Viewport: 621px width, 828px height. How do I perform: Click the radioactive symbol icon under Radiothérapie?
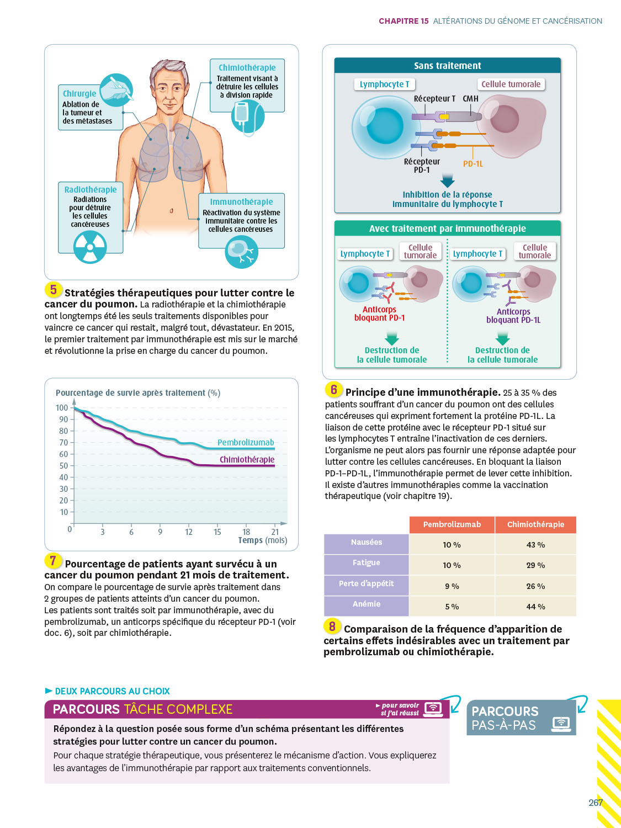90,246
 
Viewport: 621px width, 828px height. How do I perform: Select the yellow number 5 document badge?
53,289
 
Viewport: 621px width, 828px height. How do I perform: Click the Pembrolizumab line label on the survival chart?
246,443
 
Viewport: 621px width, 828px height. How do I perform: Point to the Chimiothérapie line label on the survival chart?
247,460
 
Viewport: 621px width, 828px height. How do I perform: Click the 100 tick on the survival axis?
62,408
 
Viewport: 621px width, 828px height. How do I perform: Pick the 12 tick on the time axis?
189,532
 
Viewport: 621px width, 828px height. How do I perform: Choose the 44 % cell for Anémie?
535,607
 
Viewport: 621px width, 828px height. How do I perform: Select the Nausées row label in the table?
367,543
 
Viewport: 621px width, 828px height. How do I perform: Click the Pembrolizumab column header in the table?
452,524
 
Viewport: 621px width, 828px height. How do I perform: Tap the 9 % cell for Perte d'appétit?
452,586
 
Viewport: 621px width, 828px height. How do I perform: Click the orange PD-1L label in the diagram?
473,164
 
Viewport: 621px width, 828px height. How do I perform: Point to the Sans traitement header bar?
448,66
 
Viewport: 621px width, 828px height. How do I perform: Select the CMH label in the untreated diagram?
471,99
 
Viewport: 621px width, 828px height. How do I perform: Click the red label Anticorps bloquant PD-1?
380,314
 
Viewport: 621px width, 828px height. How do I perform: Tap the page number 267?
595,803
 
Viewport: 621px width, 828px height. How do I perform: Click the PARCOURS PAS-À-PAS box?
521,718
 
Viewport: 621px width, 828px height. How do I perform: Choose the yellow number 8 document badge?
332,626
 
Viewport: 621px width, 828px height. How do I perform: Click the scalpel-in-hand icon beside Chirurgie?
116,89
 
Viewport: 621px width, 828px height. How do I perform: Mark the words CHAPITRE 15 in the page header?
404,21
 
